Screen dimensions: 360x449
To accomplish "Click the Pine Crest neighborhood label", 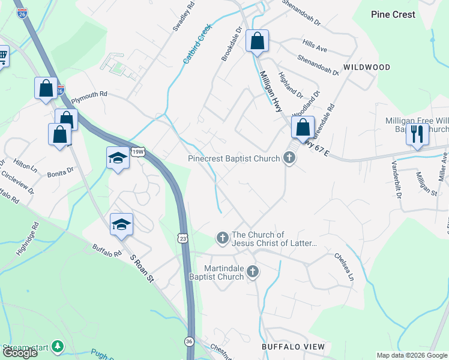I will point(393,14).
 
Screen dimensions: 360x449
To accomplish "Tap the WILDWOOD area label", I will point(366,68).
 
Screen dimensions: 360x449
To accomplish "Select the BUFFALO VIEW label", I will point(293,347).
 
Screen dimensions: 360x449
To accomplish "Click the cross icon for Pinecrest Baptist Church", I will point(289,159).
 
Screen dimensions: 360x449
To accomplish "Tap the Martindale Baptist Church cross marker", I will point(253,272).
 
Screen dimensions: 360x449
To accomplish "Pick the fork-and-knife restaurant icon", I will point(417,133).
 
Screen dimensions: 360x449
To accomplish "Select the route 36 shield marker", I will point(189,340).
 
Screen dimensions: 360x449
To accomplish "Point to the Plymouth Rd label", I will point(89,94).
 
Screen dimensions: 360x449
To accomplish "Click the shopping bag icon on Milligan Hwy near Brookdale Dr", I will point(257,41).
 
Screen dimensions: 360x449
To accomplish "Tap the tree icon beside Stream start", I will point(57,346).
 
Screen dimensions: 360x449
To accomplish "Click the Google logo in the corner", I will point(20,353).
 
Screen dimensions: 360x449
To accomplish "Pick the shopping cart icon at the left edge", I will point(2,56).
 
